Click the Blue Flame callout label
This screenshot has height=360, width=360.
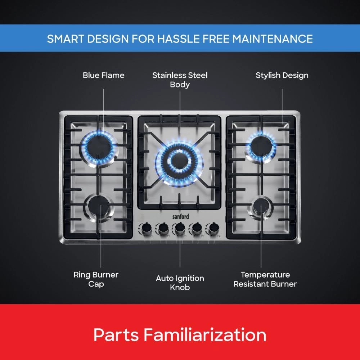click(103, 75)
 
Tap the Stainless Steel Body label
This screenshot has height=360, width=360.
click(180, 80)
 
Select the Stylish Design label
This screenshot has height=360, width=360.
click(282, 75)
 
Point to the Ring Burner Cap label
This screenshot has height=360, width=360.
click(96, 279)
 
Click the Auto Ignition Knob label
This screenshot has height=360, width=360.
click(180, 283)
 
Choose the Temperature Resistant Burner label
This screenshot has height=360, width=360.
click(265, 279)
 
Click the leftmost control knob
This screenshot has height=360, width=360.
click(146, 228)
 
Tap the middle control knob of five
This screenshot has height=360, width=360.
click(180, 228)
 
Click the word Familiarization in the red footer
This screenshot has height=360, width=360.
click(205, 334)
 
